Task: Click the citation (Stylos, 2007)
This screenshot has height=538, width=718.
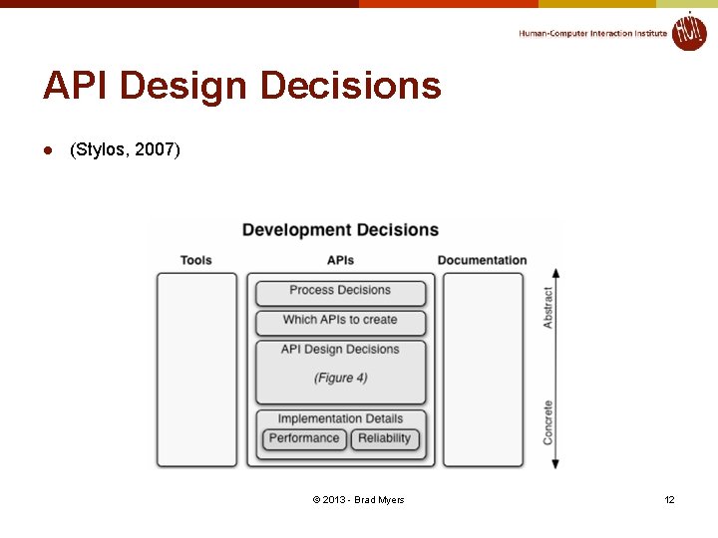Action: (x=125, y=150)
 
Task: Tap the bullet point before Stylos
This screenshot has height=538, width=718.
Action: (x=47, y=150)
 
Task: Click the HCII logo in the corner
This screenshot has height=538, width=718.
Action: (x=688, y=31)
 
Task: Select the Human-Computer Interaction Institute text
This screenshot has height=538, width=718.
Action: (x=592, y=34)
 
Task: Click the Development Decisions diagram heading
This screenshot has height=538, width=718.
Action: (x=340, y=230)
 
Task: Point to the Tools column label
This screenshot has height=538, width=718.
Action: (x=196, y=260)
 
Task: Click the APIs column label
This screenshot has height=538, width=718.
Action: (x=340, y=260)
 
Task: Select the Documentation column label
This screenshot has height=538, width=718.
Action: (x=482, y=260)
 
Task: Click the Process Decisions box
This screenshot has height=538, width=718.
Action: (x=340, y=291)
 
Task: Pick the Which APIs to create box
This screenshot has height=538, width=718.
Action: (x=340, y=321)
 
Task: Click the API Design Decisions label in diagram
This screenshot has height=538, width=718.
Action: (x=340, y=350)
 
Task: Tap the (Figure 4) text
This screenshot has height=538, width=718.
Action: (x=340, y=378)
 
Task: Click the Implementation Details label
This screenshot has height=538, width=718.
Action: (x=340, y=418)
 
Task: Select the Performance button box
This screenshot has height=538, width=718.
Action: (x=304, y=438)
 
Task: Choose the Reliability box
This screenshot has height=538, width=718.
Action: (x=384, y=438)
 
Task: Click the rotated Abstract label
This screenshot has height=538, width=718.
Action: (x=547, y=308)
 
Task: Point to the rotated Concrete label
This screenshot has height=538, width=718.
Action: (x=547, y=422)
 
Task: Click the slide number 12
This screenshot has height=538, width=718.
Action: (x=670, y=499)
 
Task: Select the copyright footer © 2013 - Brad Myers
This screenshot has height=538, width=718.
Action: (x=358, y=499)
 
